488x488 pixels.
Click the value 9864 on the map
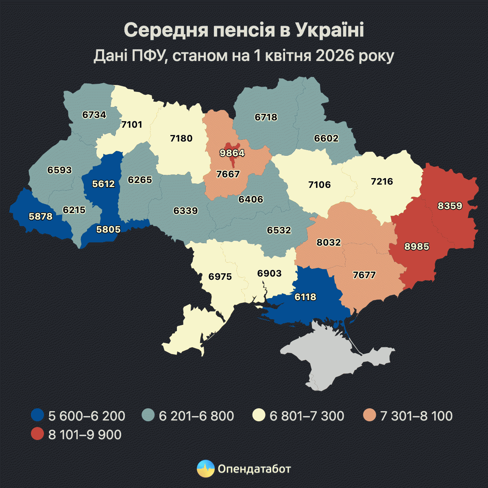[x=232, y=153]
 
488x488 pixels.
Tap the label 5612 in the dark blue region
[x=103, y=184]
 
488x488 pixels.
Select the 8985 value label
[x=417, y=246]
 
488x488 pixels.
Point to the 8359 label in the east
[x=450, y=206]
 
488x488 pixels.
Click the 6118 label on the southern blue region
[x=305, y=297]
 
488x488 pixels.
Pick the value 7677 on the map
[x=364, y=275]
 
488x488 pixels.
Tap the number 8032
[x=329, y=242]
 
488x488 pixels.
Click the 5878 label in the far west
[x=41, y=216]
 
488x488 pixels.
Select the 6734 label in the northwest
[x=94, y=115]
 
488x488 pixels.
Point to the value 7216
[x=382, y=181]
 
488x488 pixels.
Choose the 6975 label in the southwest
[x=220, y=277]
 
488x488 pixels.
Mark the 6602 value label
[x=326, y=138]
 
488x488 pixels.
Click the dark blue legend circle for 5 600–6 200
[x=37, y=416]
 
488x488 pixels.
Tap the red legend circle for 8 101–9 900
[x=37, y=434]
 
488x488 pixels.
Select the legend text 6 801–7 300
[x=307, y=416]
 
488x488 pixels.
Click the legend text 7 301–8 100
[x=416, y=416]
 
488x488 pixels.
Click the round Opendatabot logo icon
[x=206, y=469]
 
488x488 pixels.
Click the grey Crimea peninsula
[x=338, y=358]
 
